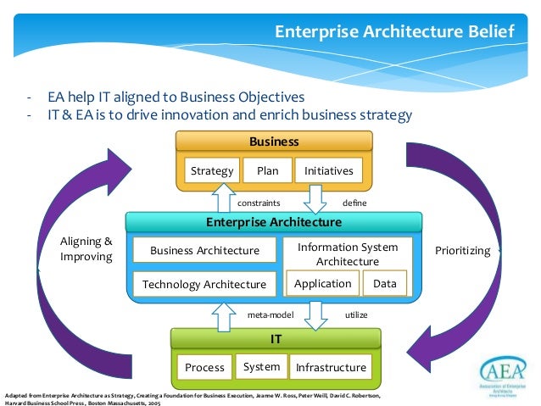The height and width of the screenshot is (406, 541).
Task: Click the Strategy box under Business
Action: point(212,170)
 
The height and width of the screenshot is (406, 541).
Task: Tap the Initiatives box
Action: point(329,170)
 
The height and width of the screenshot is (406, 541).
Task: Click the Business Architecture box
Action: point(204,250)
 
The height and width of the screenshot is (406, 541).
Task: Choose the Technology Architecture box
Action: point(204,284)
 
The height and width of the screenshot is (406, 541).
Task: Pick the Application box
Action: point(322,284)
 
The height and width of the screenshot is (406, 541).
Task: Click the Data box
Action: point(384,284)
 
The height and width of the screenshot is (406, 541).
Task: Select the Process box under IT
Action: point(204,367)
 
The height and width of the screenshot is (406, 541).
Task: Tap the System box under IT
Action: point(261,366)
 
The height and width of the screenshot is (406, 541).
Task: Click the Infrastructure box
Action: point(331,367)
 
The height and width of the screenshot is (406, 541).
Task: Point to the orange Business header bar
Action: point(273,142)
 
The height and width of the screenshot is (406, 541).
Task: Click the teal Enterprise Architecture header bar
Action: point(273,222)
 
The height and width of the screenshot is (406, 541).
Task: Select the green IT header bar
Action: point(275,338)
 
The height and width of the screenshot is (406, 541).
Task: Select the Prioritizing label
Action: point(462,250)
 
